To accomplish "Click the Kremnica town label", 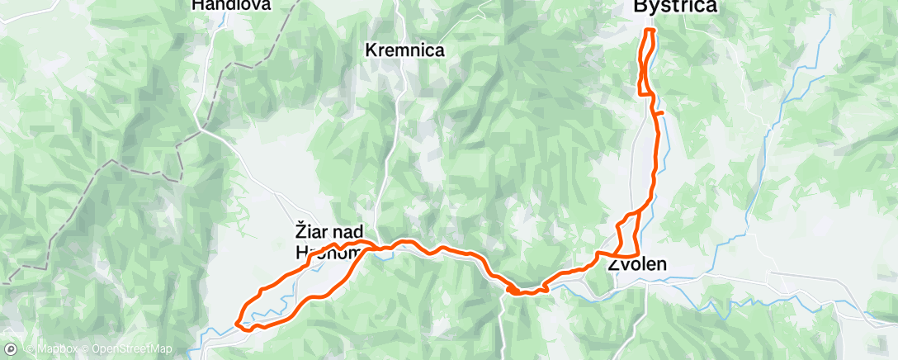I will point(404,50).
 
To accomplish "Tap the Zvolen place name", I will point(636,266).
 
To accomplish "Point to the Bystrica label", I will point(674,7).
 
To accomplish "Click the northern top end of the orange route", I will point(650,31).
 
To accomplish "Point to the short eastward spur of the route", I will point(660,112).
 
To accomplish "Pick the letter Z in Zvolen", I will point(613,266).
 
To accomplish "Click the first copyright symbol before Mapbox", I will point(30,349).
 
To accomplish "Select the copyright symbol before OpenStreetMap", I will point(85,349).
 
